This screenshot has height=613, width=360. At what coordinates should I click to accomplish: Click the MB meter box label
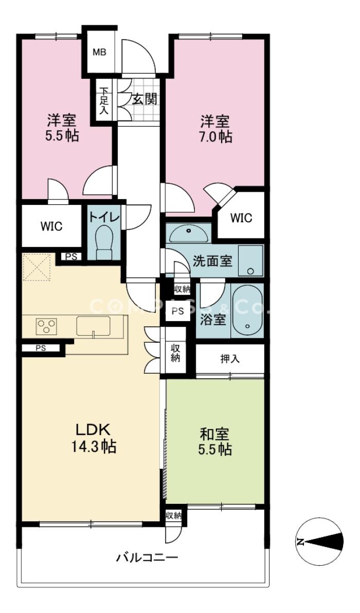[x=99, y=52]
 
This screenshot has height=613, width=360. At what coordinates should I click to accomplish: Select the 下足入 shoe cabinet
[x=103, y=101]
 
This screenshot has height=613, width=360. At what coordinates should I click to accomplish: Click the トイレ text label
[x=104, y=217]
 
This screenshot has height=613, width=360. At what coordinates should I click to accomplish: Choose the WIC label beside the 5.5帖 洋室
[x=51, y=226]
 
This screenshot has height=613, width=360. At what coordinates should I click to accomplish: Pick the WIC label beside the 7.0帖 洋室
[x=241, y=218]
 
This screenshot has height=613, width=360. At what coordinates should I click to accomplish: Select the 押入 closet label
[x=230, y=359]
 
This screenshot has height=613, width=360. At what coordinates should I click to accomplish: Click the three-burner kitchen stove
[x=46, y=326]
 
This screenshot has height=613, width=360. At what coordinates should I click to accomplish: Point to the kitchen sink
[x=93, y=326]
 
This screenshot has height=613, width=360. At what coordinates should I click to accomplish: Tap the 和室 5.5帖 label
[x=215, y=442]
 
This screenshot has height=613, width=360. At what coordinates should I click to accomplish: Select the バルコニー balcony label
[x=147, y=557]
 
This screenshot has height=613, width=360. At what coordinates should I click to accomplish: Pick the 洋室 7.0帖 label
[x=215, y=129]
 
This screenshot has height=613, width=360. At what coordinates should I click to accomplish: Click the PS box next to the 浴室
[x=177, y=311]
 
